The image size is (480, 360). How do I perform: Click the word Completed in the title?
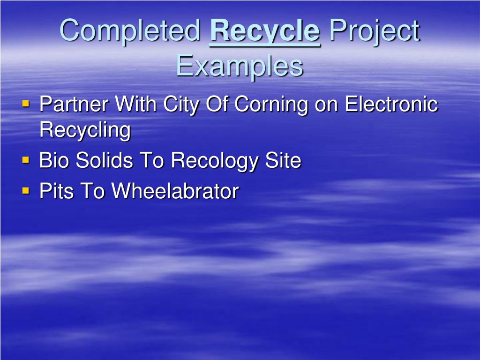130,31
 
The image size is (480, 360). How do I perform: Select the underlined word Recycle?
265,31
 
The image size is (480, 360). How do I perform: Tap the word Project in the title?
374,31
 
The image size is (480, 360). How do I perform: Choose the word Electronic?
391,104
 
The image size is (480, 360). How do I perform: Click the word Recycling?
85,130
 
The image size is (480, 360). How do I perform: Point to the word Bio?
54,161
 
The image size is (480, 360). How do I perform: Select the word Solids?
104,161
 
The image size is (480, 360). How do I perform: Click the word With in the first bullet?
136,104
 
